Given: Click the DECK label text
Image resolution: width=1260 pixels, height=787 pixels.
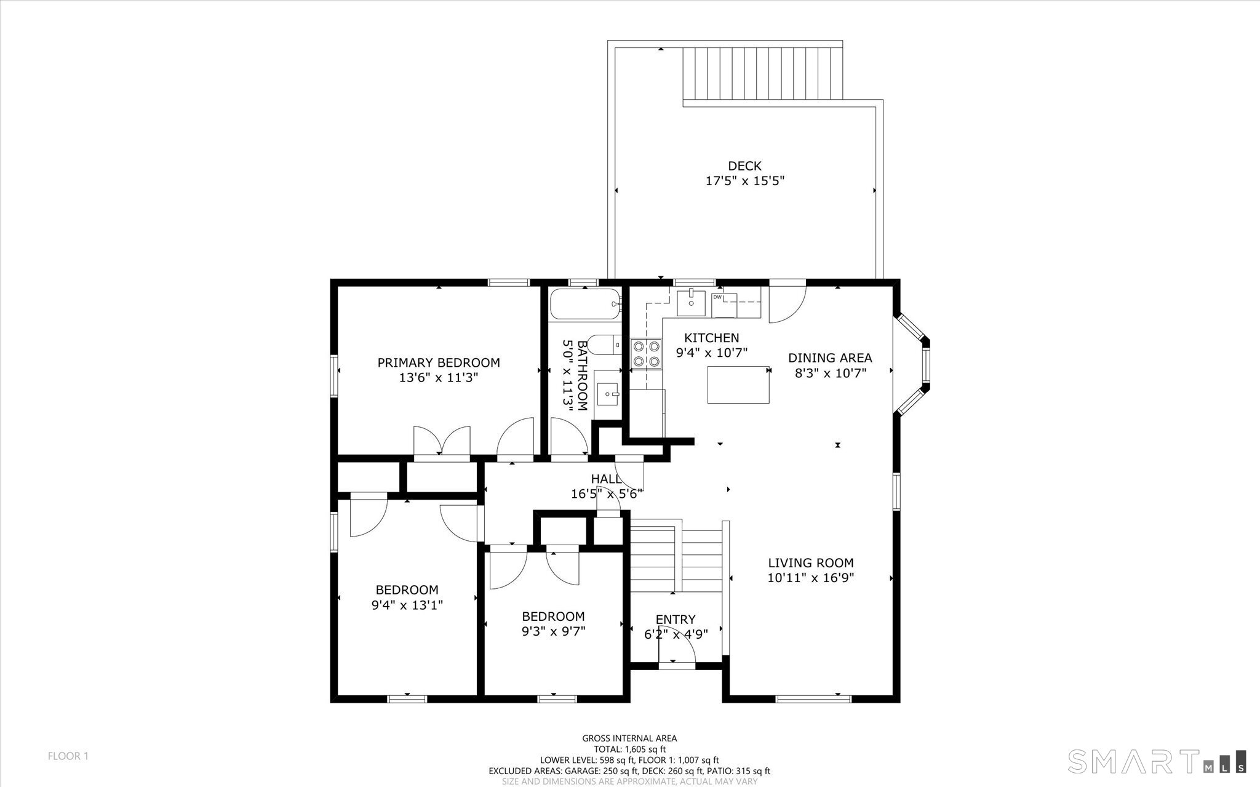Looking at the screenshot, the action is pos(744,166).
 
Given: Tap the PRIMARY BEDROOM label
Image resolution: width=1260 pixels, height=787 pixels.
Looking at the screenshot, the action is pos(439,363).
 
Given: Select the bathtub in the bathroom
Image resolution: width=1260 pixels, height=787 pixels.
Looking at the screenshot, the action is pos(584,304).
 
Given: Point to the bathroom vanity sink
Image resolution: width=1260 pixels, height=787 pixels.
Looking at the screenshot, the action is pos(608,392).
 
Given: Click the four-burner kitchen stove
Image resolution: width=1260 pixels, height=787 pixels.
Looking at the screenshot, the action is pos(646,354).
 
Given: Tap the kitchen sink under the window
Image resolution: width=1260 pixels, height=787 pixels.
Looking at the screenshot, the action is pos(692,302).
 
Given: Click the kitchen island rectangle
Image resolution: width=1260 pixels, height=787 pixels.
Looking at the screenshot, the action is pos(738,385).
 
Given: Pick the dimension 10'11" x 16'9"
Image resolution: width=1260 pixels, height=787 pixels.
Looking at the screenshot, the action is pos(810,578).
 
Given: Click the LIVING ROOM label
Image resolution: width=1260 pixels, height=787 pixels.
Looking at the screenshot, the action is pos(810,562).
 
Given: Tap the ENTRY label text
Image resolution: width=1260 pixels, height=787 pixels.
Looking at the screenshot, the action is pos(676,620).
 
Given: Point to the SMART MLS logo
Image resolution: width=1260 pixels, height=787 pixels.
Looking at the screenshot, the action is pos(1157,761).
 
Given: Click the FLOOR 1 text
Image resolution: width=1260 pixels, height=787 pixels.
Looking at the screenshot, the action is pos(68,756).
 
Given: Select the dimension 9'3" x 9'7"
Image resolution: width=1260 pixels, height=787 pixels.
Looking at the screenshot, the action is pos(553,631).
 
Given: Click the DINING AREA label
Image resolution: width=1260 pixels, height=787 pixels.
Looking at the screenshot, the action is pos(830,358).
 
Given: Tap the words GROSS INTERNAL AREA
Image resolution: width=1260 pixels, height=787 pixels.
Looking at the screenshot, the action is pos(629,738).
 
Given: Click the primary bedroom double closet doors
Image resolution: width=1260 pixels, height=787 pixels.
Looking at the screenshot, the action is pos(442,441).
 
